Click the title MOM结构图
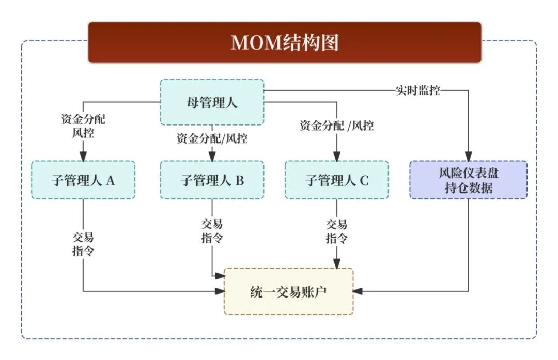point(285,42)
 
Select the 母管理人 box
point(212,102)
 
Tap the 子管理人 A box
point(83,180)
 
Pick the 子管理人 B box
point(212,180)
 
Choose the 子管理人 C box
point(337,180)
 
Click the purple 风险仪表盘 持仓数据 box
point(469,180)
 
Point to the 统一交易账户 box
point(288,291)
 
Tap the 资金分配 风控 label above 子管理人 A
point(83,126)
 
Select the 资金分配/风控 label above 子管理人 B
point(212,138)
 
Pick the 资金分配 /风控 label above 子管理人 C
point(337,126)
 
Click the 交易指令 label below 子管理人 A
point(83,244)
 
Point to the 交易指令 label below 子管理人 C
point(337,231)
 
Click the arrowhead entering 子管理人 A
point(83,156)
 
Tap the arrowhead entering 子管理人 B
point(212,156)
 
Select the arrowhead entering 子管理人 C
point(337,156)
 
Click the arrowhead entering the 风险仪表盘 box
point(469,156)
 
